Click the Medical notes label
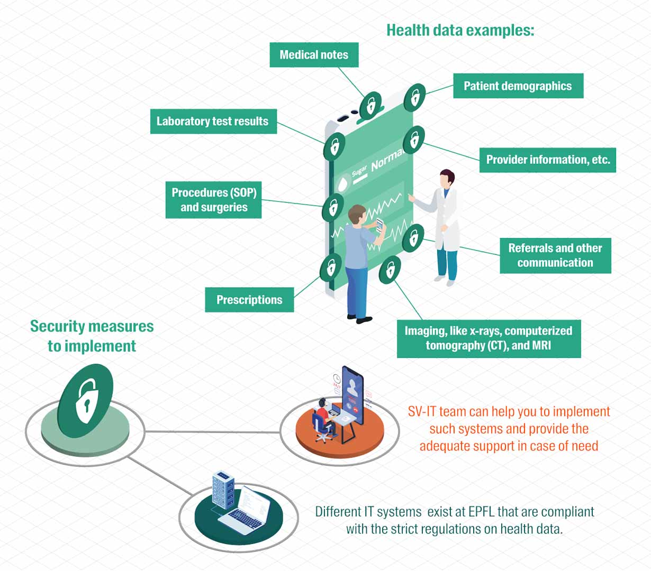tap(314, 55)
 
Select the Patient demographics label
tap(518, 86)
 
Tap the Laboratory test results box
tap(213, 122)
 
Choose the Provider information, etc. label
tap(548, 160)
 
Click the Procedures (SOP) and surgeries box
tap(214, 200)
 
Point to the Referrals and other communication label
tap(555, 255)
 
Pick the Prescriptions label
tap(249, 300)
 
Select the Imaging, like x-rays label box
tap(489, 338)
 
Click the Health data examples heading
tap(460, 30)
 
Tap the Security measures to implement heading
tap(92, 336)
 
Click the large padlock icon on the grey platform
tap(85, 401)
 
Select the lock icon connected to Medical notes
tap(370, 105)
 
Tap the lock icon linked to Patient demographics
tap(415, 97)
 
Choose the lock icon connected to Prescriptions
tap(331, 266)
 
